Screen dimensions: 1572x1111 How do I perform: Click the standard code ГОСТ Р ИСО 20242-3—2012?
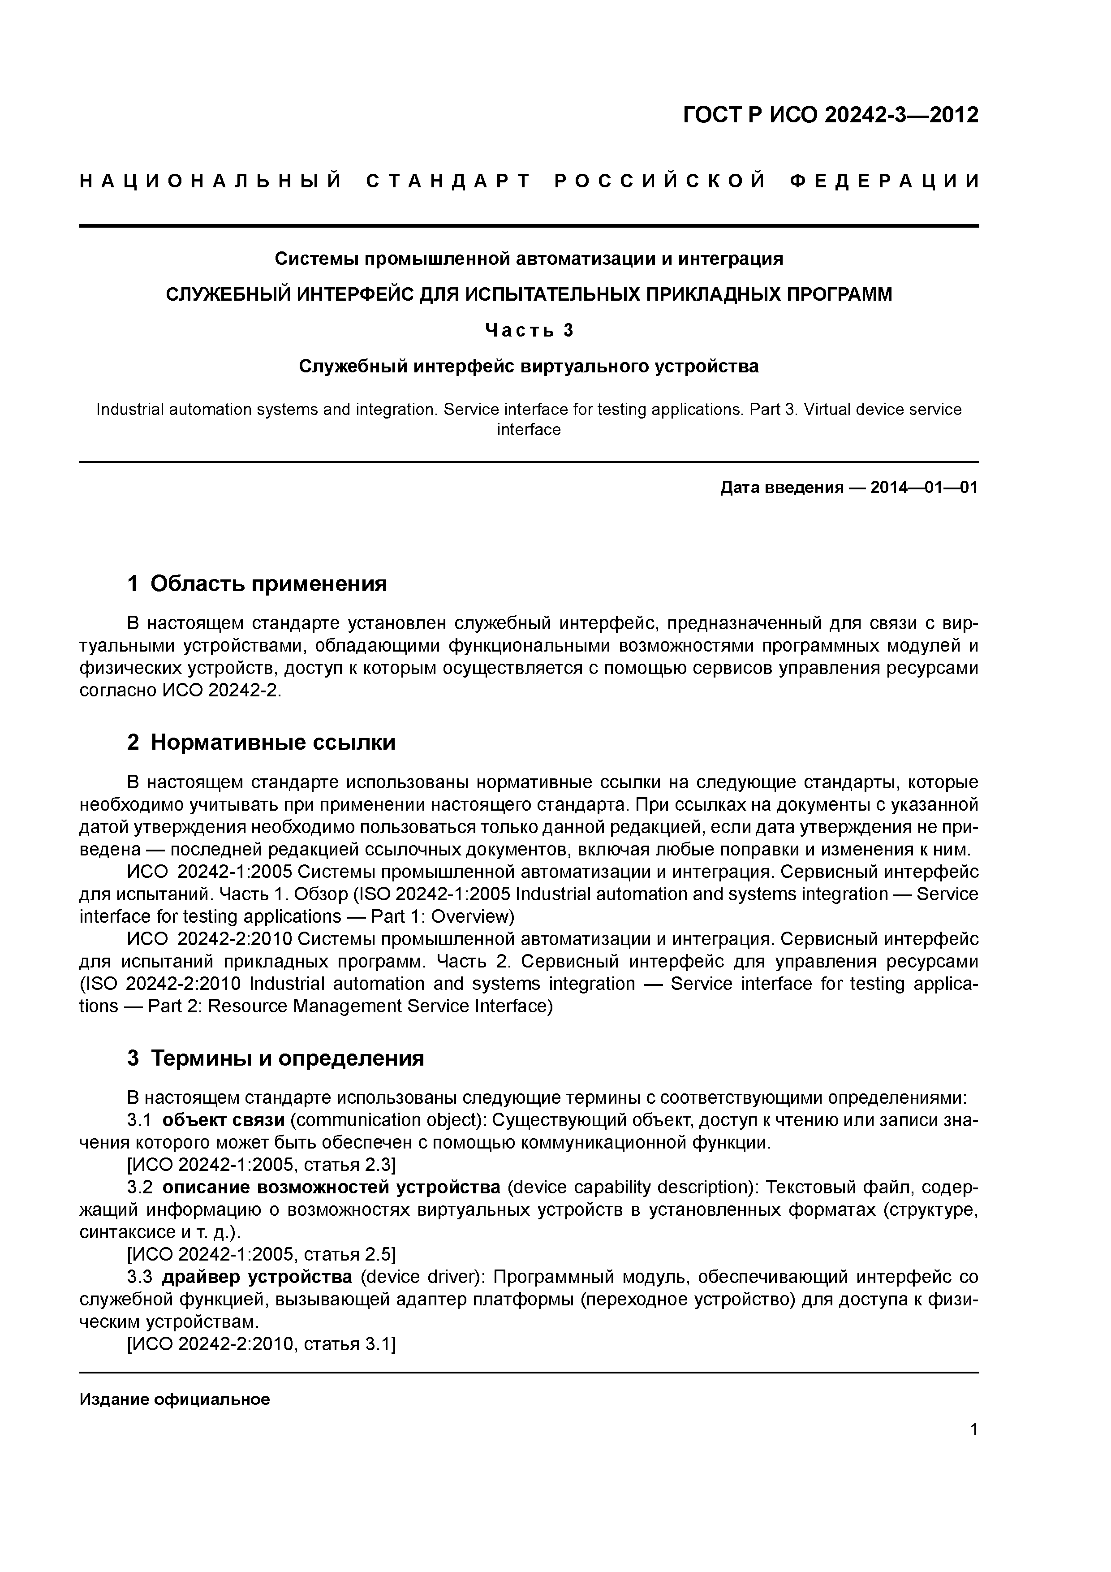pos(831,115)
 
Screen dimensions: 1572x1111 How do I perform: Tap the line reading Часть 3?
pos(529,331)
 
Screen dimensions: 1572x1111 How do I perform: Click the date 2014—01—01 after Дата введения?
pos(924,488)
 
